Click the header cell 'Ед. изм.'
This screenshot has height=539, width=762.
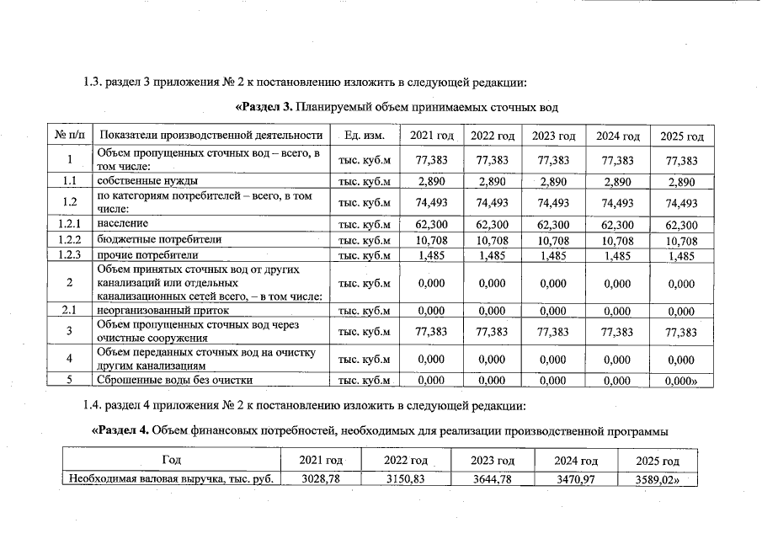coord(365,136)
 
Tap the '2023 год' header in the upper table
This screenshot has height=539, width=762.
coord(554,136)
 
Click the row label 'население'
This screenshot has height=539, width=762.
coord(123,224)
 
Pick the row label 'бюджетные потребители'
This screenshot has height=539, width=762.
coord(159,239)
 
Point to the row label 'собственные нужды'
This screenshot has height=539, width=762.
coord(147,181)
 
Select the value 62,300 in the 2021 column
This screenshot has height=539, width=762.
coord(432,225)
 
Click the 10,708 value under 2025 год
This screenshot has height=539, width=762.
coord(681,240)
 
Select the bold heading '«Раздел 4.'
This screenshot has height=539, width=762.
coord(120,431)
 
